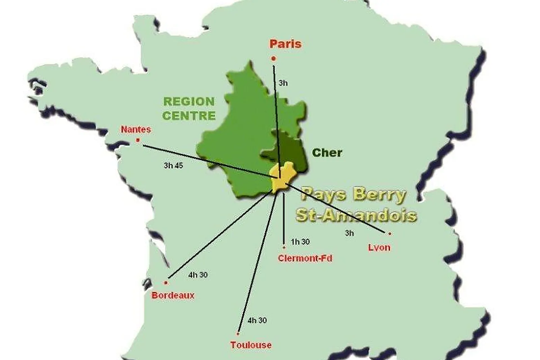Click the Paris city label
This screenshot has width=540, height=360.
click(285, 44)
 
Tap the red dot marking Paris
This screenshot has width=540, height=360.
click(273, 59)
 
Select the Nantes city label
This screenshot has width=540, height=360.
click(136, 129)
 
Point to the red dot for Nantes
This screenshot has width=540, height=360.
click(138, 140)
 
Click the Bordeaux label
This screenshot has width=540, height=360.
click(173, 295)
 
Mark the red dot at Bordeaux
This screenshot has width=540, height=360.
click(166, 283)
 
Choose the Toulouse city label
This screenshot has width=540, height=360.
click(251, 345)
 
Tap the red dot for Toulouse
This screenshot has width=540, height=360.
click(238, 334)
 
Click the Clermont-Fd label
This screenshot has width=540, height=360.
click(305, 258)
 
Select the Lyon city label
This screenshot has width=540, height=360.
click(379, 248)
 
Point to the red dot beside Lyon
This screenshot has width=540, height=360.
click(390, 233)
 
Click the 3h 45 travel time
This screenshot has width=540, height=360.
click(173, 165)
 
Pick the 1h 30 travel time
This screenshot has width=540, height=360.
click(300, 242)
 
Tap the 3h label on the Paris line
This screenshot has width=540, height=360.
click(283, 83)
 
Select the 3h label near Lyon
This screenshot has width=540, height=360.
click(349, 233)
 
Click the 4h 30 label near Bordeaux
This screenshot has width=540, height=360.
click(198, 275)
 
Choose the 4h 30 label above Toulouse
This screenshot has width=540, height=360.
click(257, 320)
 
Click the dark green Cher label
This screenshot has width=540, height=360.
click(327, 153)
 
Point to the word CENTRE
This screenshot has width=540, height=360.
click(189, 116)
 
